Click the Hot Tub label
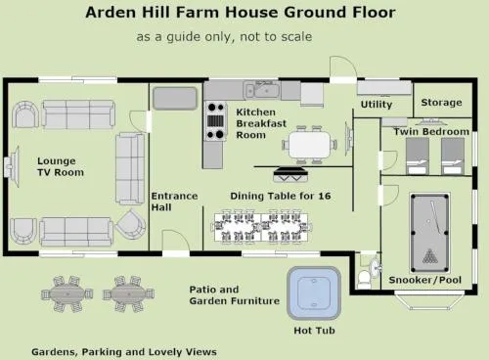(314, 331)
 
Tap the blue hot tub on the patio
(314, 293)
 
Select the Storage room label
(441, 103)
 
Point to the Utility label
(377, 105)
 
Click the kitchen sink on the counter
(262, 90)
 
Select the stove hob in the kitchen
(215, 120)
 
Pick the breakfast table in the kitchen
(310, 145)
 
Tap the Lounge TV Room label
(61, 166)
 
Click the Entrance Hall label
(174, 202)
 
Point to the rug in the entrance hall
(175, 98)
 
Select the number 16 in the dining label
(325, 196)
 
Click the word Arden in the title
(111, 13)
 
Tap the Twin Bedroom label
(431, 132)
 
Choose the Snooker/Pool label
(424, 280)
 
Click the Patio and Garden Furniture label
(235, 295)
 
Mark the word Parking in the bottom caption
(102, 352)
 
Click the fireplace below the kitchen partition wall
(290, 174)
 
